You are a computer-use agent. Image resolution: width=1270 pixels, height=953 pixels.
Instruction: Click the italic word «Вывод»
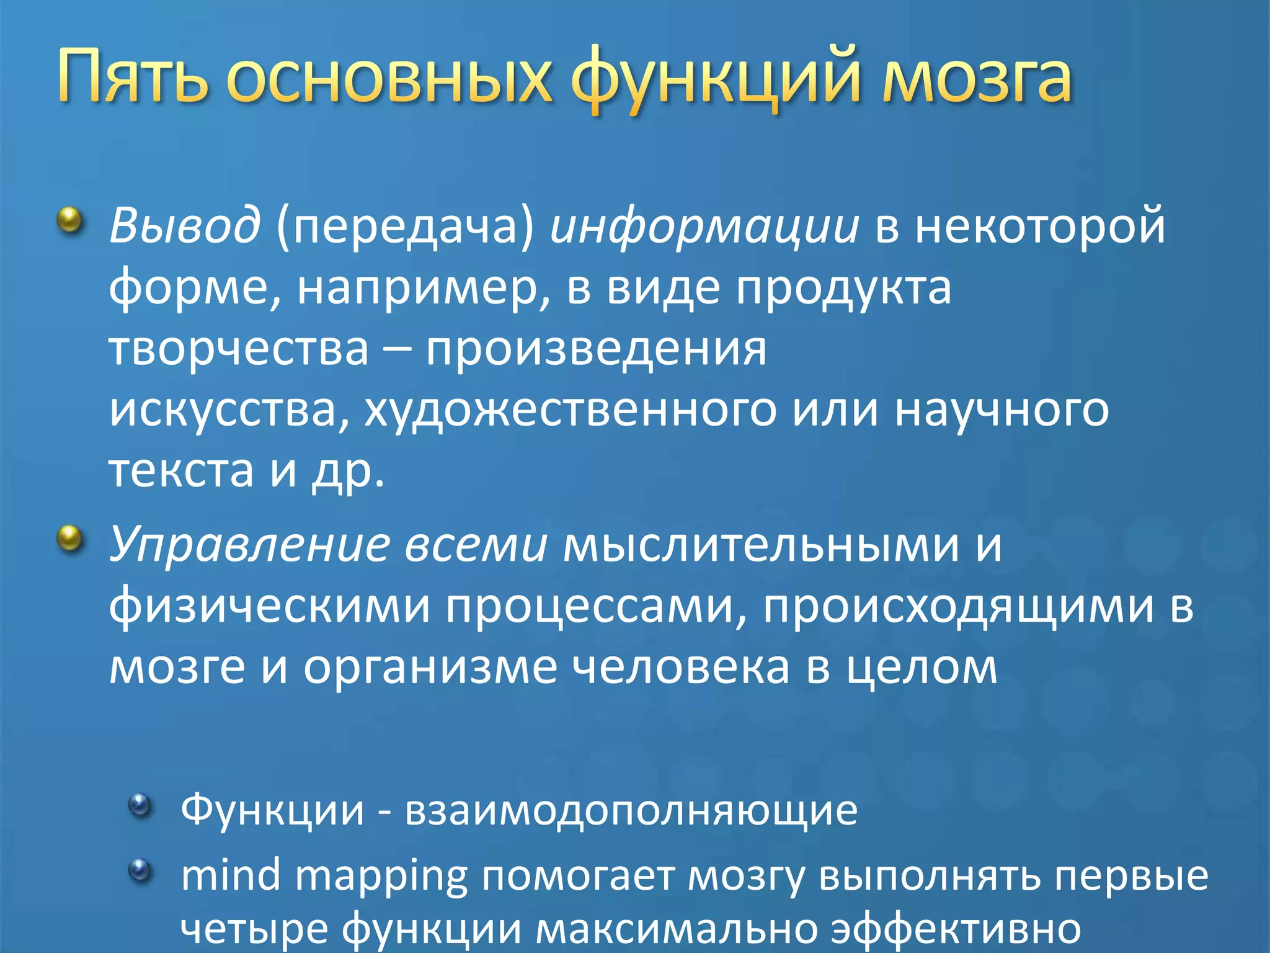pos(184,225)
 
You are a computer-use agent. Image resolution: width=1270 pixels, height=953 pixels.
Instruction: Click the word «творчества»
pos(239,348)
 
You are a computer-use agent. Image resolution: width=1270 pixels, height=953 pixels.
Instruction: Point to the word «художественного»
pos(570,410)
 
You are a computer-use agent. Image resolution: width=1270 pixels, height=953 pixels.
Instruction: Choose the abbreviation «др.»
pos(348,471)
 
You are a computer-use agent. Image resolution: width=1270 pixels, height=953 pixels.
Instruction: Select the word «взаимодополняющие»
pos(631,810)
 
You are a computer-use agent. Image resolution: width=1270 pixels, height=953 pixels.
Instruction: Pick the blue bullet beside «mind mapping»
pos(140,870)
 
